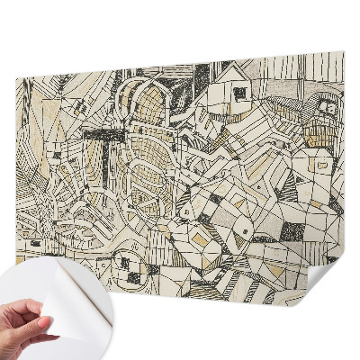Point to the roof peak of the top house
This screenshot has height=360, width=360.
pos(231,65)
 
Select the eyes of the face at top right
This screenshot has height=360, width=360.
pos(325,110)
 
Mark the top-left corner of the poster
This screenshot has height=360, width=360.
pos(17,79)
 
